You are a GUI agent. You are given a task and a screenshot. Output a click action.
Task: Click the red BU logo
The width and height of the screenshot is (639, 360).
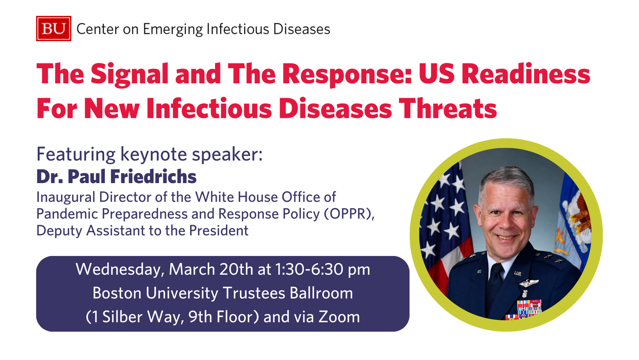53,28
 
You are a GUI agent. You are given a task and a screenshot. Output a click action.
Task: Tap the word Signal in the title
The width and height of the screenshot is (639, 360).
129,74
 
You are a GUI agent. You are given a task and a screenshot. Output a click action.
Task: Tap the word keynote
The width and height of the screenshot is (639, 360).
154,154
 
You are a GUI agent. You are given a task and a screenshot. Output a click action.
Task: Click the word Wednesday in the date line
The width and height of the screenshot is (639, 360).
119,269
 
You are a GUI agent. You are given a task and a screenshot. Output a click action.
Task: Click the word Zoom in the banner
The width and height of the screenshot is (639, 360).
339,317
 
